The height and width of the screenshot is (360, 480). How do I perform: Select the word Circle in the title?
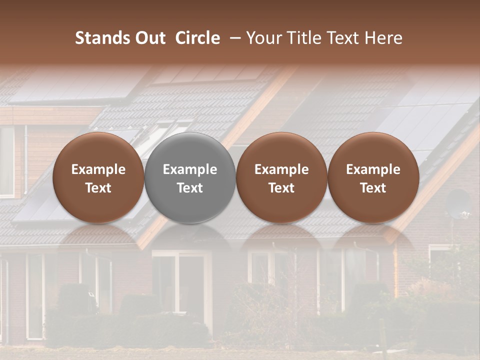point(197,38)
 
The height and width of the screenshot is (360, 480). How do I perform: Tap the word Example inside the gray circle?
point(190,169)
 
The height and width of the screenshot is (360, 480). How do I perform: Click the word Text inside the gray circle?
point(190,188)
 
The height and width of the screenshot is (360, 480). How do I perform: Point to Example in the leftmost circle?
point(98,169)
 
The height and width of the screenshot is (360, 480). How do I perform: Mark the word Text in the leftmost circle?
point(98,188)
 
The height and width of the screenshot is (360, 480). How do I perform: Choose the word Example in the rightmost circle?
point(373,169)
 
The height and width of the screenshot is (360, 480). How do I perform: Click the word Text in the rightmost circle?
point(373,188)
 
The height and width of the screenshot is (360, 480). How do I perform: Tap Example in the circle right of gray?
point(281,169)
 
